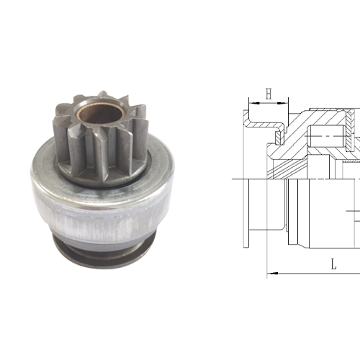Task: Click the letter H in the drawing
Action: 268,94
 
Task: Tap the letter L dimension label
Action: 333,264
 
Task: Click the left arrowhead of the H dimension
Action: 251,104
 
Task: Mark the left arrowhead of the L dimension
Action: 270,273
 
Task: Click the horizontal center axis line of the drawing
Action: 302,178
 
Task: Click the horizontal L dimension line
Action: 310,273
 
